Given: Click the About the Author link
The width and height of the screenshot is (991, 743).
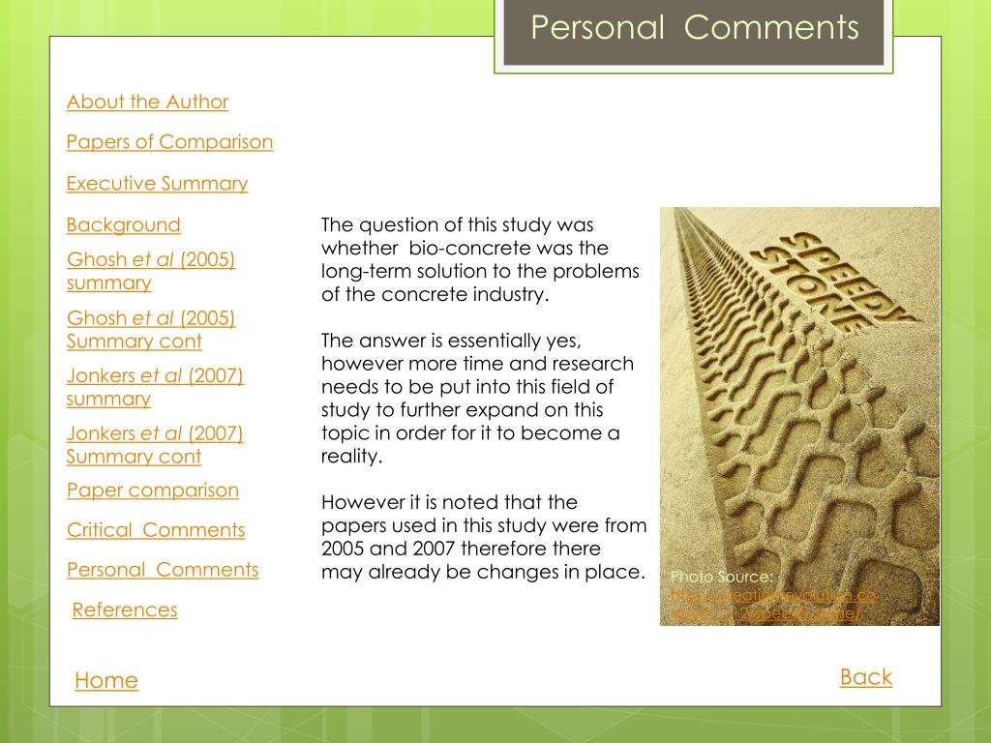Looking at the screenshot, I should click(147, 102).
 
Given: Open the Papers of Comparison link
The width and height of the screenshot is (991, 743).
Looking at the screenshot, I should click(169, 142).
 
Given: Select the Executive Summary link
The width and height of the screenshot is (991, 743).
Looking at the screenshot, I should click(157, 183).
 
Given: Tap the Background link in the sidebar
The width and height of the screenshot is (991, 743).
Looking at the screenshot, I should click(123, 224).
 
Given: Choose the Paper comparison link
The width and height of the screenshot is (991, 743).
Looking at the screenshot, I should click(152, 490).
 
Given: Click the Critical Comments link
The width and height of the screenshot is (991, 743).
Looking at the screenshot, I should click(155, 530).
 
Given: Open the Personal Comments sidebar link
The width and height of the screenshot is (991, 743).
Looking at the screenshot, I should click(162, 570).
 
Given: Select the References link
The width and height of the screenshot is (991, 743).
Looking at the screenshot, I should click(125, 609).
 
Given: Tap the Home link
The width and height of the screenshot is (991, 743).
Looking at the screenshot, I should click(105, 680).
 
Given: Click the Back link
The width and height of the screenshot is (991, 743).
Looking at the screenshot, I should click(865, 677).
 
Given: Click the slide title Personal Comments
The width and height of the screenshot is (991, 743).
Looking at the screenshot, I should click(694, 28).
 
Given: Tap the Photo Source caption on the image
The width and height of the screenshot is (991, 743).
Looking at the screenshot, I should click(721, 578).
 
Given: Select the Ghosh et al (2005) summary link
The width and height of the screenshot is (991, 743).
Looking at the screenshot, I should click(151, 271).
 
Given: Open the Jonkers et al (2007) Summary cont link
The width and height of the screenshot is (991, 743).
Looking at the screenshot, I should click(154, 445).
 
